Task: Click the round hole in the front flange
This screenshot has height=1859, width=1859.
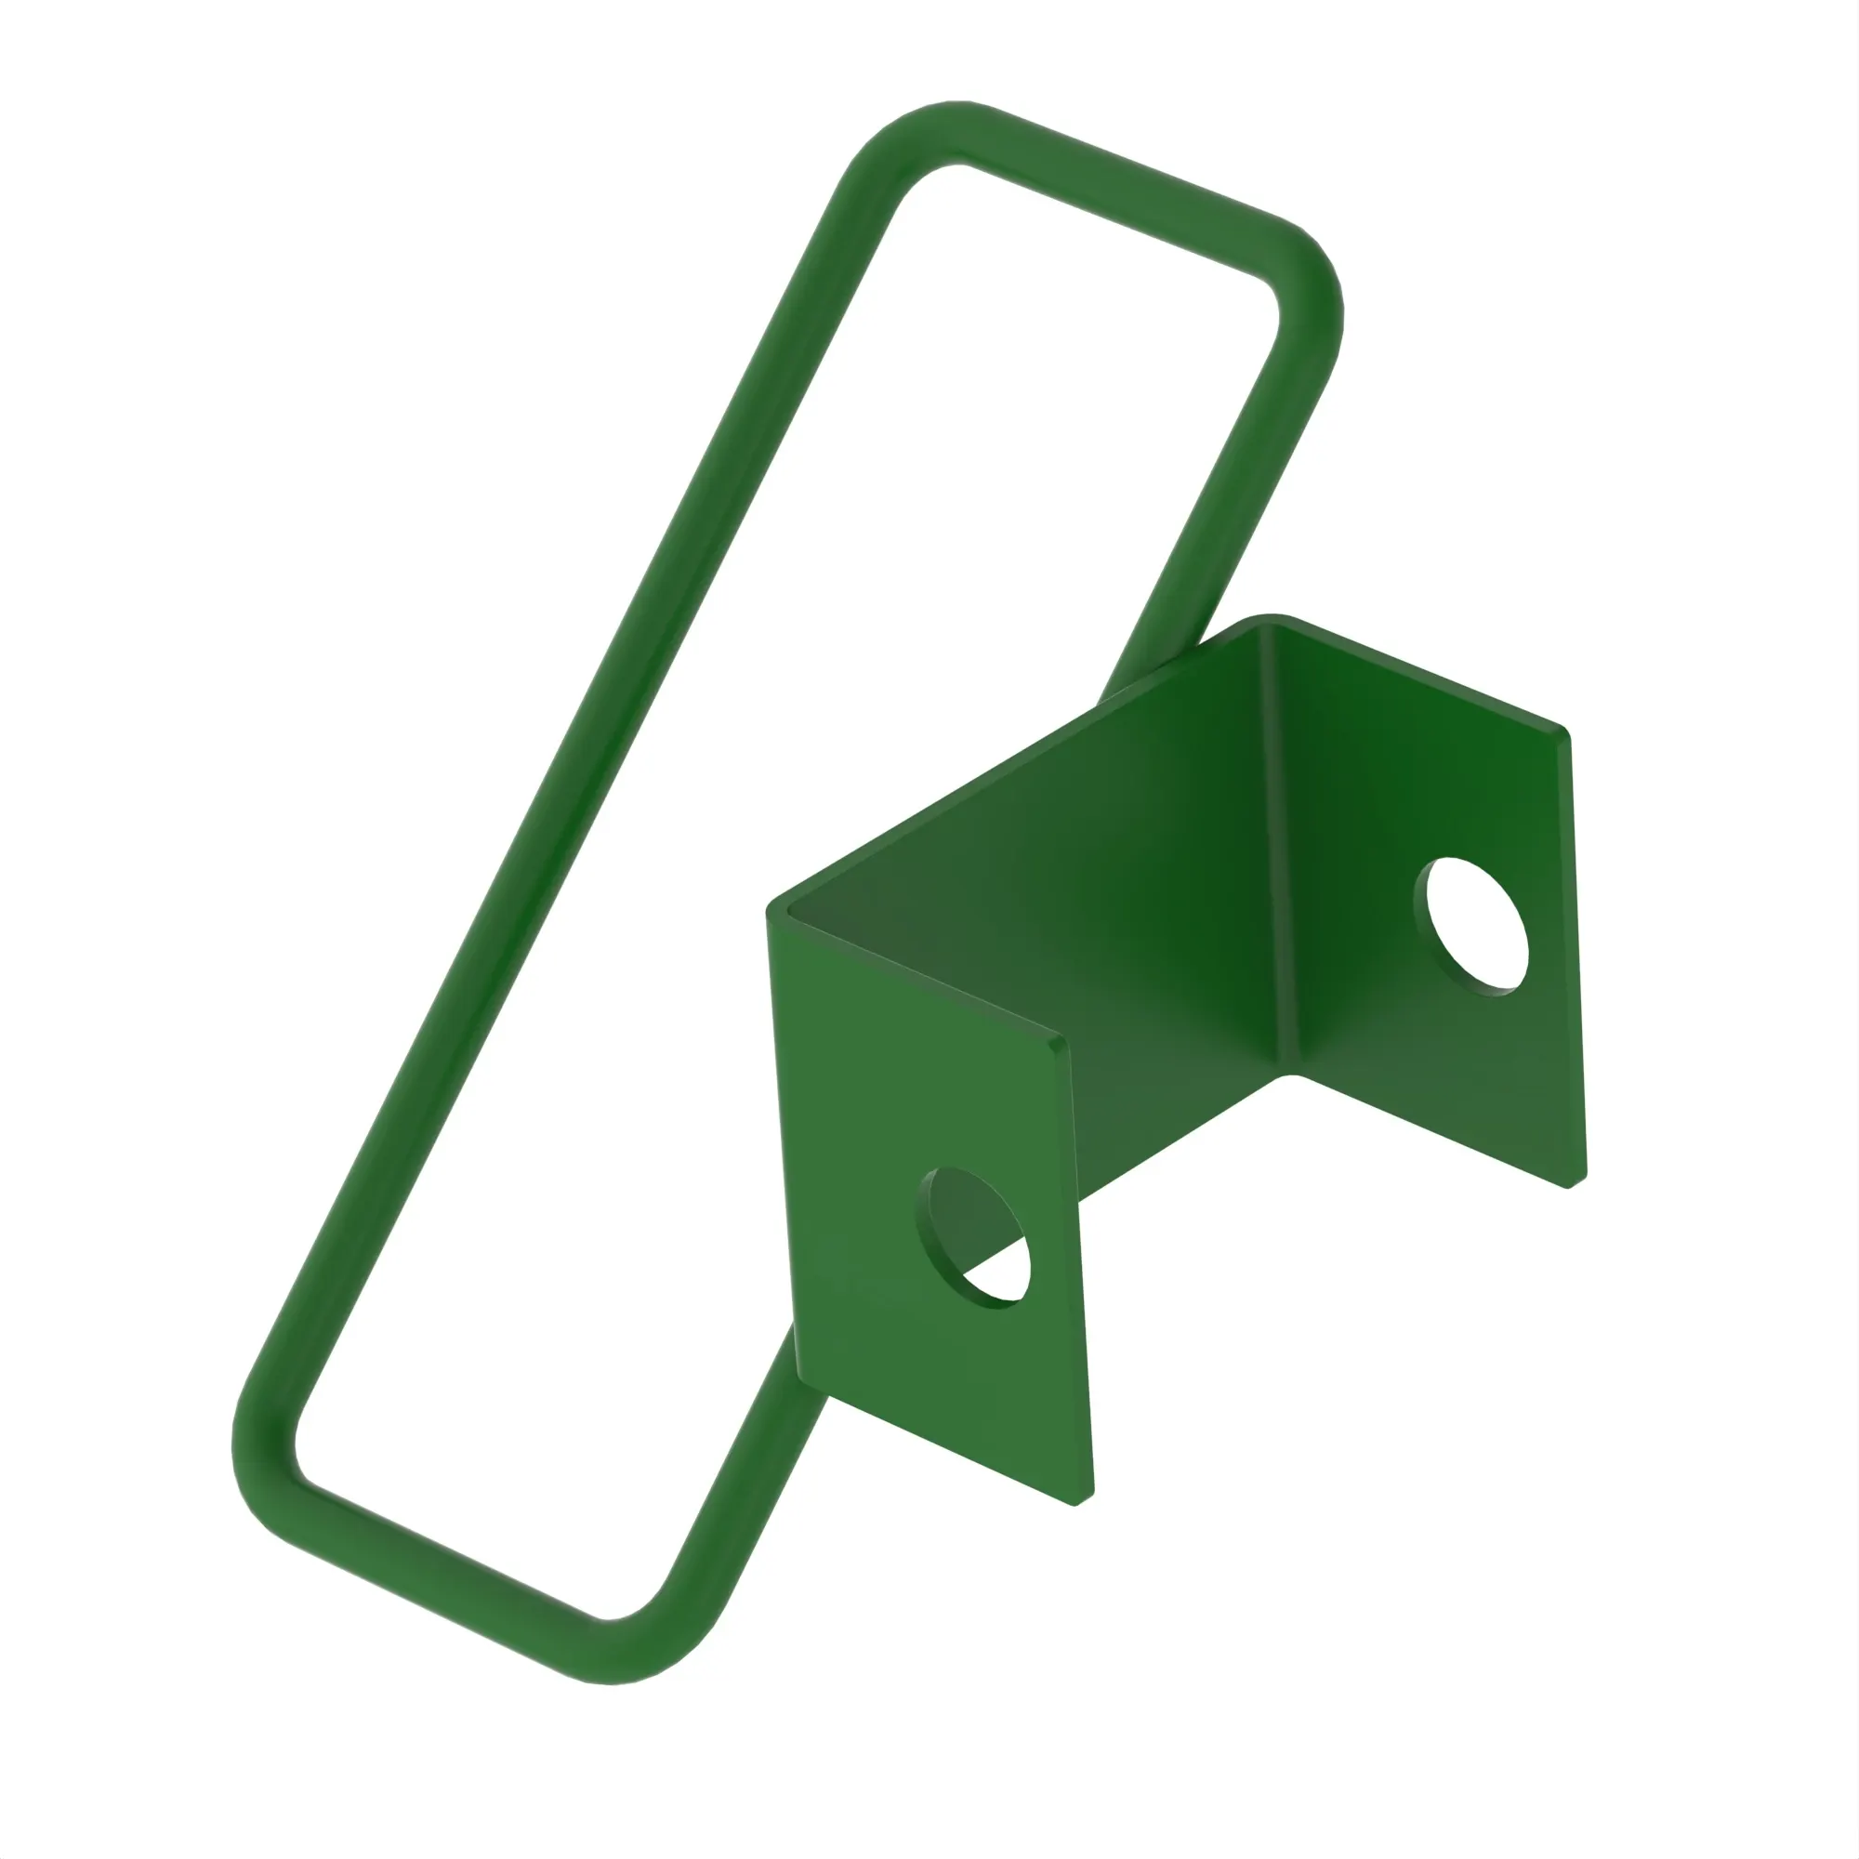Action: tap(974, 1237)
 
